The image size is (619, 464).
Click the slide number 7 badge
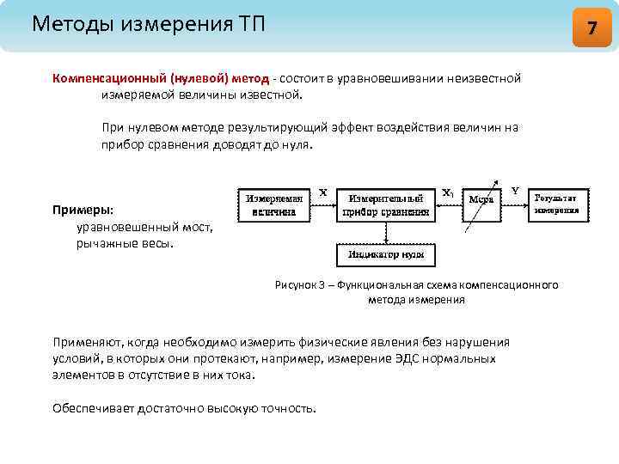pyautogui.click(x=591, y=27)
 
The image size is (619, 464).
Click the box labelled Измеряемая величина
pyautogui.click(x=275, y=204)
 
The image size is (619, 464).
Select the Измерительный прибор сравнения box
pyautogui.click(x=385, y=204)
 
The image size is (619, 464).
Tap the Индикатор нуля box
pyautogui.click(x=385, y=254)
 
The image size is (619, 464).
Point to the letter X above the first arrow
pyautogui.click(x=322, y=193)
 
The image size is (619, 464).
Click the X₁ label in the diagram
pyautogui.click(x=448, y=193)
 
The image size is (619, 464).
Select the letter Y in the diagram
pyautogui.click(x=514, y=191)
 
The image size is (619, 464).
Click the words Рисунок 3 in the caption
pyautogui.click(x=300, y=284)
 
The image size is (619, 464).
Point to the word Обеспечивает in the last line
pyautogui.click(x=91, y=407)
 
